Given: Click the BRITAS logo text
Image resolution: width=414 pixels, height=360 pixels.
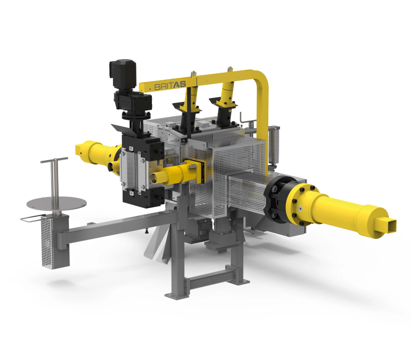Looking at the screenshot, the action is coord(170,85).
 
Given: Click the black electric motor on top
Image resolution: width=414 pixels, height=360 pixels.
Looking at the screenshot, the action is coord(123,73).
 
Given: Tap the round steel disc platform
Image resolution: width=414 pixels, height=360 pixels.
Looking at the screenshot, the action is coord(57,203).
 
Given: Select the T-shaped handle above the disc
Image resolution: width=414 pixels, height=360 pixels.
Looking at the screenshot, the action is coord(55,179).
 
